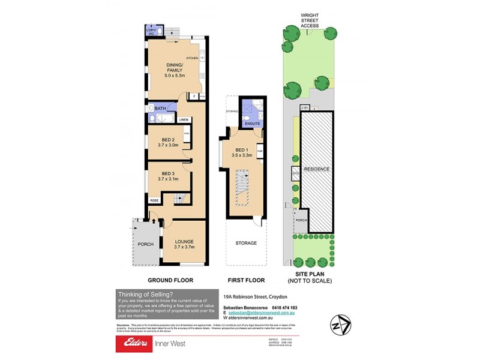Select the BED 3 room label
coord(160,175)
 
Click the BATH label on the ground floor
coord(160,109)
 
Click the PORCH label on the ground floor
coord(145,244)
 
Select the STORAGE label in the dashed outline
coord(245,243)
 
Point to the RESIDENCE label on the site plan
coord(316,169)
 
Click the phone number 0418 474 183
coord(283,307)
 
